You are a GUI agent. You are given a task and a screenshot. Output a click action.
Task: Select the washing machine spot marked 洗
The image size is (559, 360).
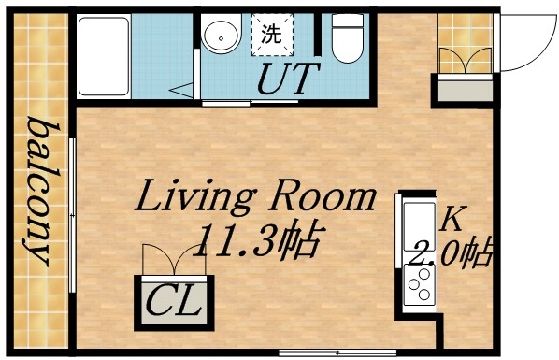coord(271,36)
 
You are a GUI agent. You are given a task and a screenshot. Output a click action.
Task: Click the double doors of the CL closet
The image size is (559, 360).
coord(175,260)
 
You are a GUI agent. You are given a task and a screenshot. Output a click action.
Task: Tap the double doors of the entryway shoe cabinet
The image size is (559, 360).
coord(466,58)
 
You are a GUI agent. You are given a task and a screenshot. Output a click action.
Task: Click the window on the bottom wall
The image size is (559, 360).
coord(309,352)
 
